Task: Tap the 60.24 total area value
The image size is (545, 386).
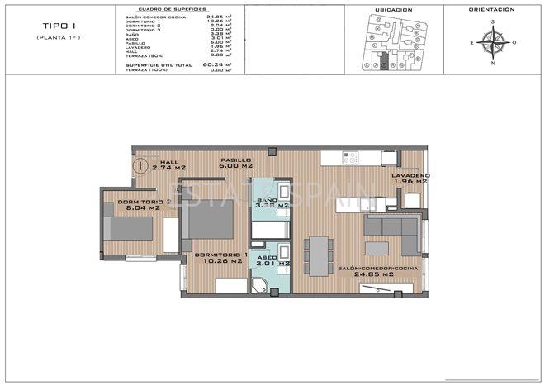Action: [214, 64]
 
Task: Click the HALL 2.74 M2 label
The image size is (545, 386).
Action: [168, 164]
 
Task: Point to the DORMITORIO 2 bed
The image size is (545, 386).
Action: [130, 227]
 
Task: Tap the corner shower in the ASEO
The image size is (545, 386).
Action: [262, 286]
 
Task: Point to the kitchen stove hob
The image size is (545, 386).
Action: [350, 157]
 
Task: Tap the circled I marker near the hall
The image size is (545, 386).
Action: [142, 165]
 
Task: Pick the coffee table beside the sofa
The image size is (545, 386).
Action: [377, 248]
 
